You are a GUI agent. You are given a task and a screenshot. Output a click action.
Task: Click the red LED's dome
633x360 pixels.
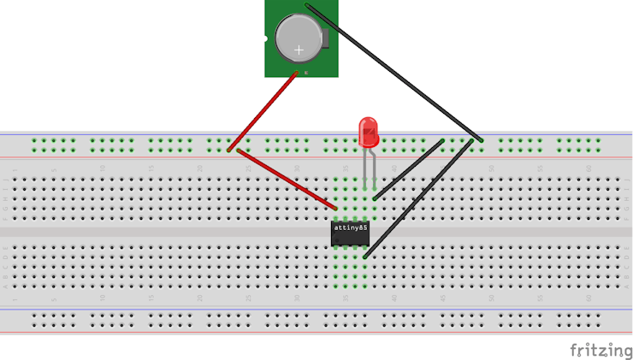[370, 130]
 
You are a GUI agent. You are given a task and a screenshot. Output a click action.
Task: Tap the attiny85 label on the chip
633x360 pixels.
[350, 228]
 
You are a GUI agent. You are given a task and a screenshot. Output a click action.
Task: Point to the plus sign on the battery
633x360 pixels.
[299, 50]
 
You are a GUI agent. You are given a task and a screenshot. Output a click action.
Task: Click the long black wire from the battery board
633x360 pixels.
[393, 72]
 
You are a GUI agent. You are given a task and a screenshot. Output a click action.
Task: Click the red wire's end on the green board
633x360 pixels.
[298, 74]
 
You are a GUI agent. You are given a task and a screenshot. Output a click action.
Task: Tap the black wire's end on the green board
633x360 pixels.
[307, 6]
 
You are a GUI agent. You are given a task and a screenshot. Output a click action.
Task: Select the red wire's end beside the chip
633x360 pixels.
[335, 208]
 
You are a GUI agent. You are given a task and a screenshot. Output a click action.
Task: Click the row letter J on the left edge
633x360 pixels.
[5, 180]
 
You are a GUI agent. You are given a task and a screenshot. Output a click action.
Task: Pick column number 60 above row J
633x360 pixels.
[589, 168]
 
